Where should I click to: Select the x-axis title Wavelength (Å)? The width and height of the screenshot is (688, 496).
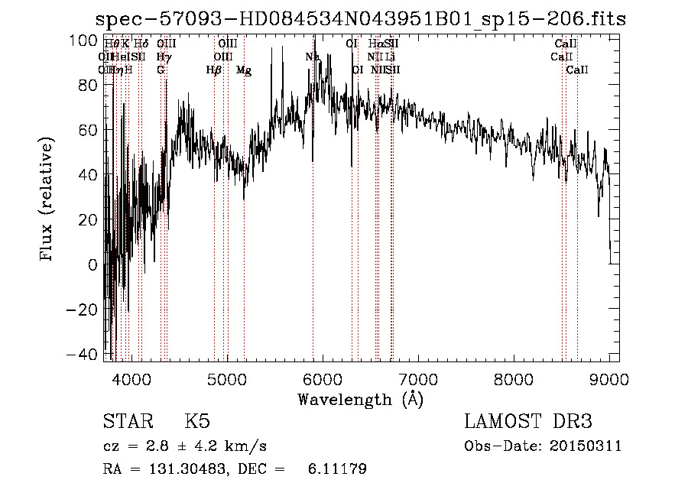(360, 399)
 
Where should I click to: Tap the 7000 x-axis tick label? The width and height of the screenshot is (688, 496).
(418, 378)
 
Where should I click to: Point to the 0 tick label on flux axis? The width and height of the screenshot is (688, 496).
(93, 265)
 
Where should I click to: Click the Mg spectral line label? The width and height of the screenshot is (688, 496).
(244, 70)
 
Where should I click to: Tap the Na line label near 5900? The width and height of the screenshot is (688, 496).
(312, 57)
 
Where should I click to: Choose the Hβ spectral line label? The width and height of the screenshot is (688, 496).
(214, 70)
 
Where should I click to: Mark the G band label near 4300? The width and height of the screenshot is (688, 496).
(161, 70)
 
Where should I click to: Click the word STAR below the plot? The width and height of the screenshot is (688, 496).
(127, 422)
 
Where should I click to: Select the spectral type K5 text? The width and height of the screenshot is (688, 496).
(197, 422)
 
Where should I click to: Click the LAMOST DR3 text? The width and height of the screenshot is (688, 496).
(528, 422)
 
